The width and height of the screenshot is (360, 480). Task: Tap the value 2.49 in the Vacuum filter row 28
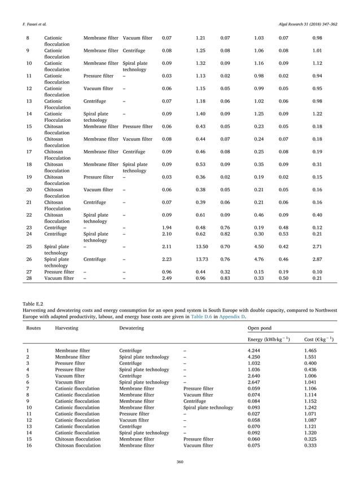pyautogui.click(x=166, y=278)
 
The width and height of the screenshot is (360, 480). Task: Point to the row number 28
pyautogui.click(x=29, y=278)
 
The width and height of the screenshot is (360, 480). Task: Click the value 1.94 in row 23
pyautogui.click(x=166, y=227)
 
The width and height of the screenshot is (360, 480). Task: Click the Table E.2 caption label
pyautogui.click(x=32, y=303)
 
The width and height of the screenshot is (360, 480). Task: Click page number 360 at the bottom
pyautogui.click(x=179, y=463)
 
